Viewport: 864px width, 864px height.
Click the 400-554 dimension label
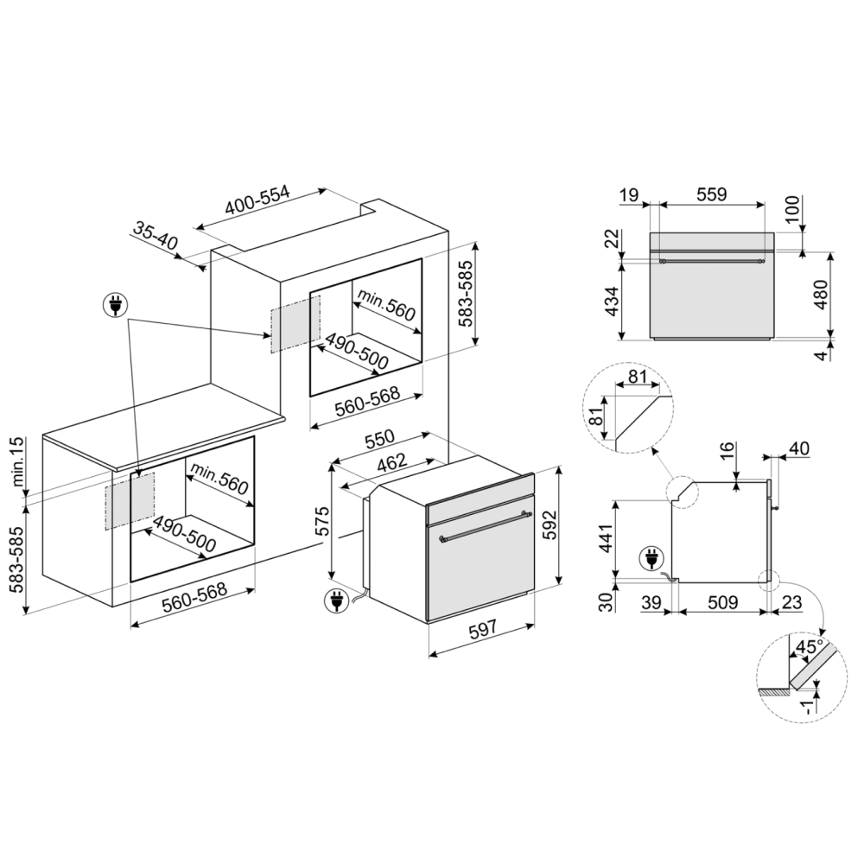click(257, 200)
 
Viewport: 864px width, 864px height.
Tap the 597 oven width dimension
click(481, 629)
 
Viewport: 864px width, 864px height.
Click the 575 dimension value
click(321, 520)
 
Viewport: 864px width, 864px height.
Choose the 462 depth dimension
click(391, 463)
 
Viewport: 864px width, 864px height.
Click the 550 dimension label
click(380, 438)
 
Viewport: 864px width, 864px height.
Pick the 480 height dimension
click(821, 295)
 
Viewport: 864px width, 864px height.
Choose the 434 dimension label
click(613, 301)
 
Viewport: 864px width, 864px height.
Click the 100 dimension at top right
click(791, 209)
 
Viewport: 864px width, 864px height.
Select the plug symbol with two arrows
click(115, 305)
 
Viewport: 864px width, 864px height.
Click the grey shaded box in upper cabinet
click(295, 324)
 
